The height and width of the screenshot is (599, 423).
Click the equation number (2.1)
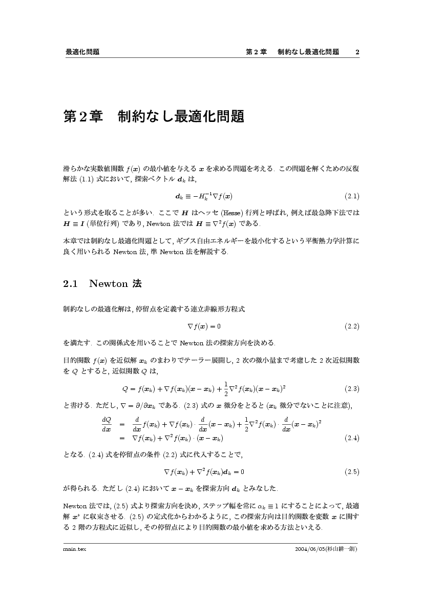pyautogui.click(x=352, y=196)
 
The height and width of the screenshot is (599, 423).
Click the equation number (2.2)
pyautogui.click(x=352, y=326)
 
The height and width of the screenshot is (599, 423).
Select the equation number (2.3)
pyautogui.click(x=352, y=388)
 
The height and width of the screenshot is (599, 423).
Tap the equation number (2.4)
pyautogui.click(x=352, y=438)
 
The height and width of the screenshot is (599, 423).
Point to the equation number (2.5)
pyautogui.click(x=352, y=471)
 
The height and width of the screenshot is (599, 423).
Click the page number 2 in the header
pyautogui.click(x=357, y=52)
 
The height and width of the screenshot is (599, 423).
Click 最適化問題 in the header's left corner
pyautogui.click(x=82, y=52)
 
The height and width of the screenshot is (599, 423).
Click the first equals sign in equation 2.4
pyautogui.click(x=122, y=424)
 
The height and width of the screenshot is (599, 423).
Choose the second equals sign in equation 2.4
pyautogui.click(x=122, y=438)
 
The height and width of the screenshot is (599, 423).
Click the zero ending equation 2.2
pyautogui.click(x=219, y=326)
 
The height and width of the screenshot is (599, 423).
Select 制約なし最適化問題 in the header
pyautogui.click(x=308, y=52)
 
